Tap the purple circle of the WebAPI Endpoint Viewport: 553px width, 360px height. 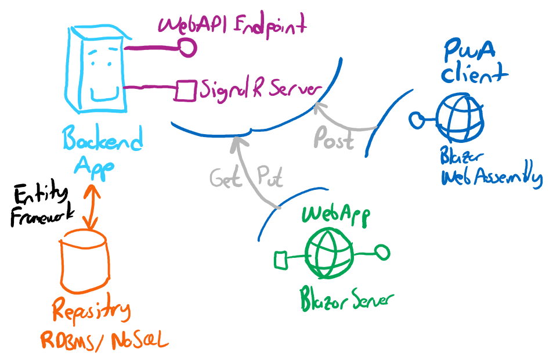click(x=187, y=48)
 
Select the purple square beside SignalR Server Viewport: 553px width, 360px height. click(x=186, y=91)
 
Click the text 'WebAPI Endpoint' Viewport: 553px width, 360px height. click(x=232, y=26)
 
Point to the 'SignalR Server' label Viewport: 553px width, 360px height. click(x=259, y=90)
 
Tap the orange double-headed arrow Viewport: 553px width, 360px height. click(x=90, y=207)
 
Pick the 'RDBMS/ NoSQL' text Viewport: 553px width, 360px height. click(x=104, y=340)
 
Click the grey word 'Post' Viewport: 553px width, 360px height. click(x=333, y=139)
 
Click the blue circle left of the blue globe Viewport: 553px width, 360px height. click(x=415, y=120)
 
